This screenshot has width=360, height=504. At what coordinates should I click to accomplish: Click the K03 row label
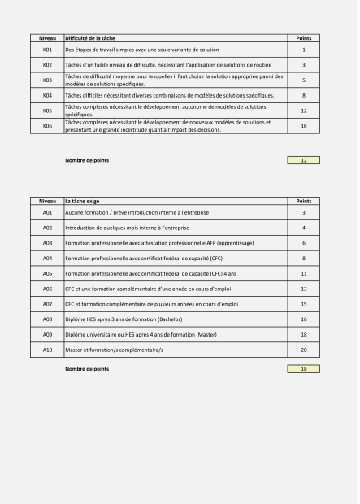[x=47, y=80]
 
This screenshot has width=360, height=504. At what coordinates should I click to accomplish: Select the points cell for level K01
[x=303, y=50]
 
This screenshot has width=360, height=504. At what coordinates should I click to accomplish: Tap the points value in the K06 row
[x=303, y=126]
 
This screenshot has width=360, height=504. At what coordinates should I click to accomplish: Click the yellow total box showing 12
[x=303, y=160]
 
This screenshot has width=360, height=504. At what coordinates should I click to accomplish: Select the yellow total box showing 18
[x=303, y=369]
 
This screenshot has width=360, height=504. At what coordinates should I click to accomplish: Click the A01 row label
[x=47, y=212]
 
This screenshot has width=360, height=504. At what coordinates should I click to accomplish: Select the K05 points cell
[x=303, y=111]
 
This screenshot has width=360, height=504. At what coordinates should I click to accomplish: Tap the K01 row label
[x=47, y=50]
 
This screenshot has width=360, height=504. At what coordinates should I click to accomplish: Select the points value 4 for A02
[x=303, y=228]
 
